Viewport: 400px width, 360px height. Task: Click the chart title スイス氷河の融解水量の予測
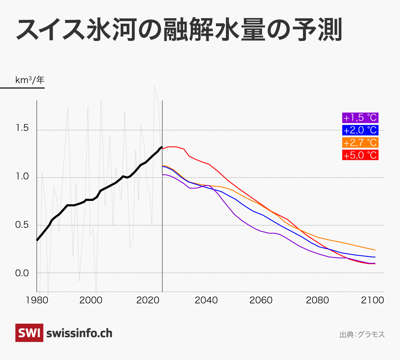(178, 31)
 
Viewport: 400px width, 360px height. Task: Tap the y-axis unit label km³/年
(29, 80)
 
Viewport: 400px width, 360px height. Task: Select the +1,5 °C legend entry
(360, 118)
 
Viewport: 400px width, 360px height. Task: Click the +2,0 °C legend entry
(360, 130)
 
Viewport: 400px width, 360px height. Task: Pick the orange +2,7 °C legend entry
(360, 142)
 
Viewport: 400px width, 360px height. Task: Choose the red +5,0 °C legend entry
(360, 155)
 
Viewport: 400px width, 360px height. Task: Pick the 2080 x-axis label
(317, 300)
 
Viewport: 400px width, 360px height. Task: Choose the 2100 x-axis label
(373, 300)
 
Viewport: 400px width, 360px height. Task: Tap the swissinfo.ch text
(79, 333)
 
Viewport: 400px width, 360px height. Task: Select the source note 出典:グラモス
(362, 334)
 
